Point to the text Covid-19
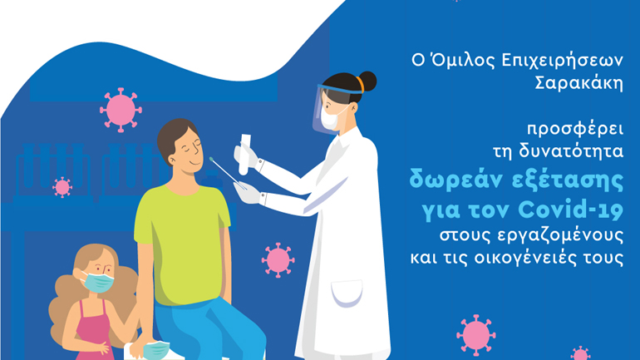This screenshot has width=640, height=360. point(578,205)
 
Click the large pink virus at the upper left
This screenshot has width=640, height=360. point(121,109)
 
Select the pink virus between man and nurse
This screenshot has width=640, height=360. point(278,259)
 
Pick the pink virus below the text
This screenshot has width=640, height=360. point(475,333)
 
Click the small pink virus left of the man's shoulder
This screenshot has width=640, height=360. point(62,187)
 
